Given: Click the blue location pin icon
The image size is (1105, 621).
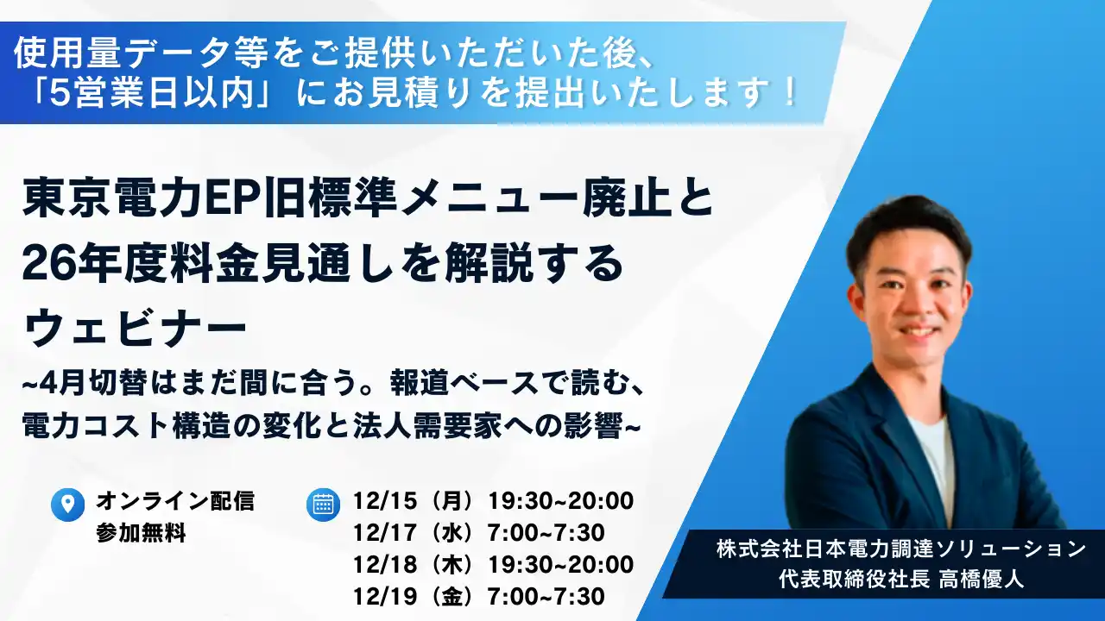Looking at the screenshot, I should [67, 505].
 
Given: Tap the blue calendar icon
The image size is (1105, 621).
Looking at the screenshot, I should [323, 505].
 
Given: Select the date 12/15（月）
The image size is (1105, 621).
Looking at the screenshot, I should [414, 500].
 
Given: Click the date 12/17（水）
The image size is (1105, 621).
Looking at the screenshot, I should [414, 532].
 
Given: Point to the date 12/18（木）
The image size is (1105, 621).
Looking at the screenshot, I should [414, 564].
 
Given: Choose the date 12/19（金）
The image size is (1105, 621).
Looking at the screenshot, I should [414, 596].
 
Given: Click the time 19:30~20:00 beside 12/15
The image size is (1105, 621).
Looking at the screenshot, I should [560, 500].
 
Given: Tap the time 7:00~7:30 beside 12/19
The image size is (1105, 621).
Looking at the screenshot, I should [546, 596].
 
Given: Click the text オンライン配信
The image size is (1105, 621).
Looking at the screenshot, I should [175, 500].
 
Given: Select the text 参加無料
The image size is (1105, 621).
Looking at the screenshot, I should [141, 533].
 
